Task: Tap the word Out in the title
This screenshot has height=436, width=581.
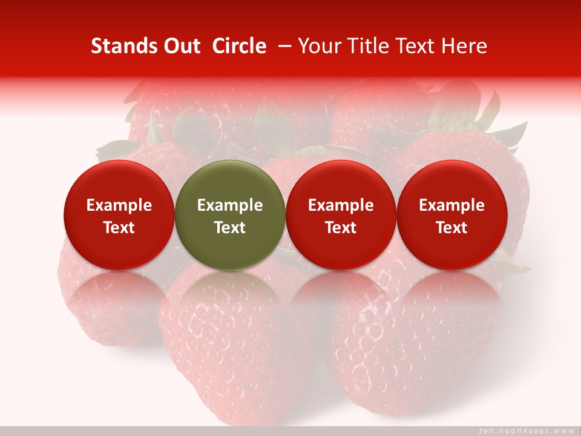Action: (180, 46)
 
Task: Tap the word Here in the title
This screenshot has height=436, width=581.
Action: (464, 46)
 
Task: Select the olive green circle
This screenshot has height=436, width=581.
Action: (230, 215)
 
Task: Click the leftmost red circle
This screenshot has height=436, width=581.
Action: (119, 215)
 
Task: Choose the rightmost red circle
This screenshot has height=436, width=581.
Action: (451, 215)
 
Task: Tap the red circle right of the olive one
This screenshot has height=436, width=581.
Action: (341, 215)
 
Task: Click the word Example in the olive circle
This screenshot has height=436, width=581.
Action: (230, 205)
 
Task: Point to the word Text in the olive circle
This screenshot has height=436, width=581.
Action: (230, 228)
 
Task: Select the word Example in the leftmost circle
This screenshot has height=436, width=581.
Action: (119, 205)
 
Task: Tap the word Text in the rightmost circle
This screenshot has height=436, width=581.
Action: (451, 228)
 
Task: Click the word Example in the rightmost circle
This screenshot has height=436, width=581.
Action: (451, 205)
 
